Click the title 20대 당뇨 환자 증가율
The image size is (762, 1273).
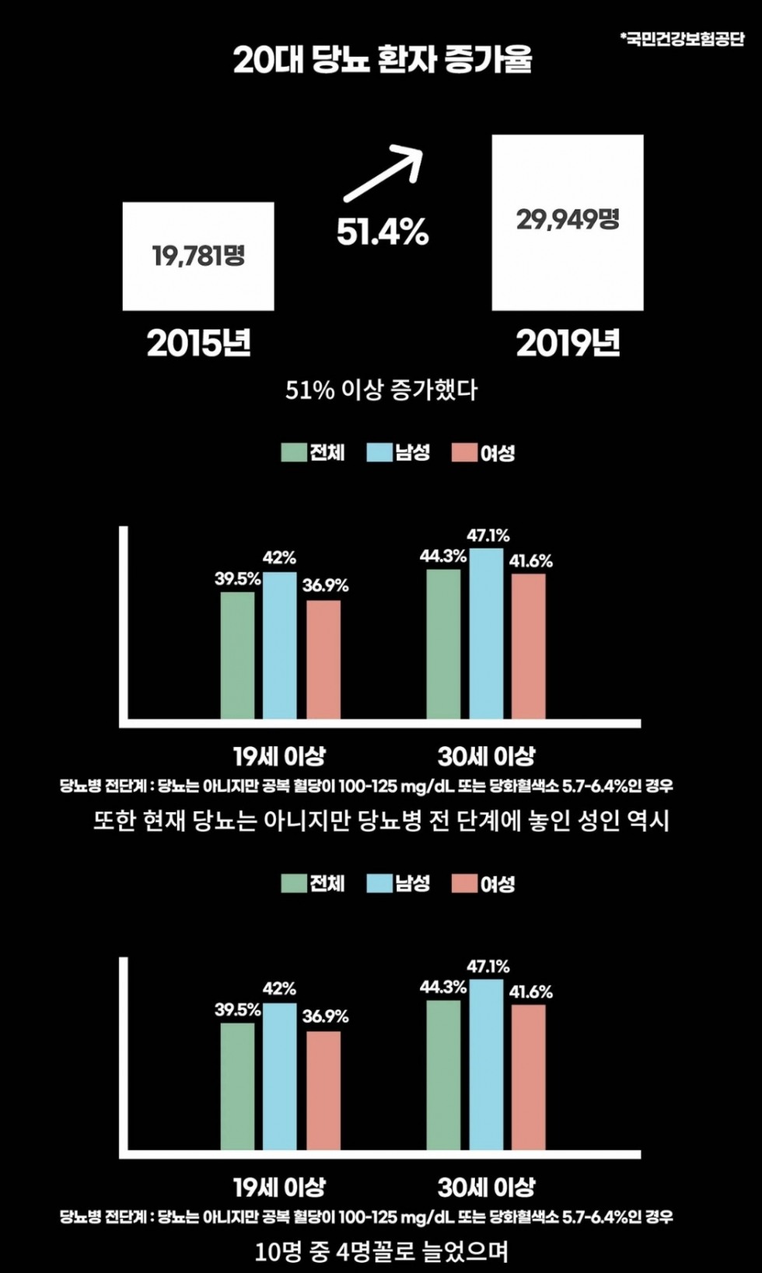tap(382, 59)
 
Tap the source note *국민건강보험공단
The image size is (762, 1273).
tap(682, 39)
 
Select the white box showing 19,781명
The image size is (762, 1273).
tap(198, 256)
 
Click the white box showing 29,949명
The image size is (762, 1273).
tap(568, 223)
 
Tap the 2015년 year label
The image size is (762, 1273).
tap(198, 344)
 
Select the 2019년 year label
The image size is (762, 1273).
tap(568, 344)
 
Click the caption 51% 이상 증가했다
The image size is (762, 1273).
tap(382, 390)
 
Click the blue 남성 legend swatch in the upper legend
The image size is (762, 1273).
tap(380, 452)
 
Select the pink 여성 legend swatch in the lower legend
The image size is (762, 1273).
tap(465, 884)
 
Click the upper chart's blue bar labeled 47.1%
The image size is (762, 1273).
tap(486, 633)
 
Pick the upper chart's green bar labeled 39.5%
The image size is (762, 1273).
tap(238, 656)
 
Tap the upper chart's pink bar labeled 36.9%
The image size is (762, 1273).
tap(323, 660)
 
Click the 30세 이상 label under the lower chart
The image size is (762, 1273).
tap(487, 1187)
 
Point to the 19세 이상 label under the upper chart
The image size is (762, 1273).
tap(280, 756)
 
